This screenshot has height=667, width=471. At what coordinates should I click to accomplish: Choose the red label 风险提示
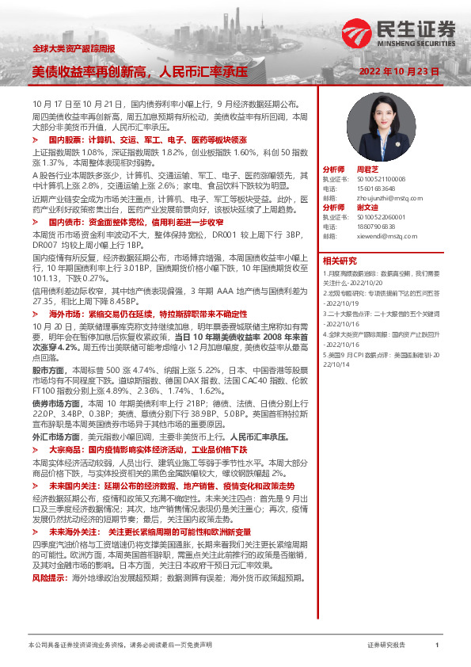pos(47,556)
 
